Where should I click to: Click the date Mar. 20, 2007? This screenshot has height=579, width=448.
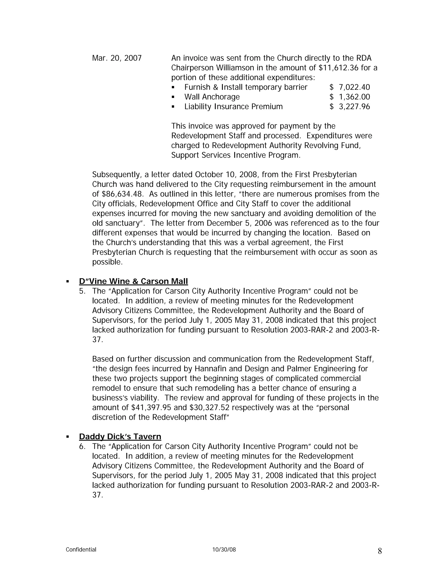117,58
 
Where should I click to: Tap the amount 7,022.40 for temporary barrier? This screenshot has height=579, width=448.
354,87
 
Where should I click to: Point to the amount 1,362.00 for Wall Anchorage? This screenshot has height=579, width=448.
354,97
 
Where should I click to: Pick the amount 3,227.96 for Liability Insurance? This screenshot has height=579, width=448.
354,107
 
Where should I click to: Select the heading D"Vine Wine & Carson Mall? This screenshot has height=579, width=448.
133,281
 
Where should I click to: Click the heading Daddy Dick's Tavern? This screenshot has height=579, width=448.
120,437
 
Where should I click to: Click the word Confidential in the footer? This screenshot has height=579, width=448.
81,550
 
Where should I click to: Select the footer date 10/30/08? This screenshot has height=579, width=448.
224,550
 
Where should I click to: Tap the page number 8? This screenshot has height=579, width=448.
380,551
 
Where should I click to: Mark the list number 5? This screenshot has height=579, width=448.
82,291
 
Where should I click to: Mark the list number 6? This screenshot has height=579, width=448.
82,446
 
